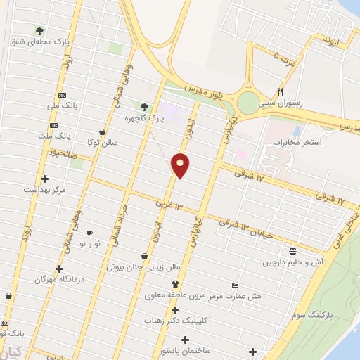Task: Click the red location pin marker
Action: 181,165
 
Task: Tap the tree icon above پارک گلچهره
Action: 144,107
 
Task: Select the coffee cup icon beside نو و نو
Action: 89,233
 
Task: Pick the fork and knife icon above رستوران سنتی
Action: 280,91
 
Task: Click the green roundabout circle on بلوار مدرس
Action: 248,103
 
